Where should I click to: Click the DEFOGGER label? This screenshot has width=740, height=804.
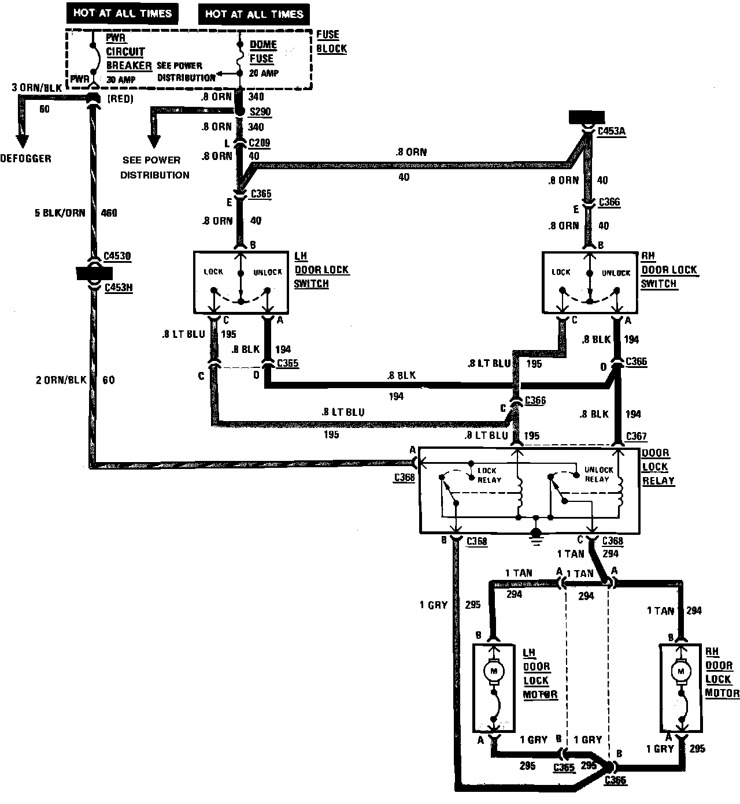(x=25, y=158)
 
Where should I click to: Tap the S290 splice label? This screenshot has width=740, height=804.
(x=260, y=112)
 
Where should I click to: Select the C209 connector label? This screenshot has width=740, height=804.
(x=260, y=143)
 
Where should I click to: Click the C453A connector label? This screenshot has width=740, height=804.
(x=611, y=132)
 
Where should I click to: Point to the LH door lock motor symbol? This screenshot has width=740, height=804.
(x=494, y=672)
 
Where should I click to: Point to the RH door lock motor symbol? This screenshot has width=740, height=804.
(x=680, y=672)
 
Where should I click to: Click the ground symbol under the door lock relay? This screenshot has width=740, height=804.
(x=536, y=535)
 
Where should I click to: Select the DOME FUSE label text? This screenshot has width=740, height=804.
(x=262, y=51)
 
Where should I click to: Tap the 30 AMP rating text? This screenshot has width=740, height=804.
(x=120, y=79)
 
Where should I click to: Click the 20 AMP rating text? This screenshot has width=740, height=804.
(x=264, y=73)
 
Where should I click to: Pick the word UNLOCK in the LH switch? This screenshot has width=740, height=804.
(x=268, y=272)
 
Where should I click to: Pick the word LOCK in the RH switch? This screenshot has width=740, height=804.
(x=561, y=272)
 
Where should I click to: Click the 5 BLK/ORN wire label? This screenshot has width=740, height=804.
(x=60, y=213)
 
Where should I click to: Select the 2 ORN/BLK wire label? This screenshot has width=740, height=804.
(x=61, y=380)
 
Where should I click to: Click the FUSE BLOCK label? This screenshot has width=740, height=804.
(x=331, y=42)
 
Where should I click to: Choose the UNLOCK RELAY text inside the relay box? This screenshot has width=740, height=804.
(x=597, y=474)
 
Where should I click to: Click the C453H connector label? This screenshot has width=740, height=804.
(x=119, y=286)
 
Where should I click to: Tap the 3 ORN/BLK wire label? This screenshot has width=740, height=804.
(x=36, y=87)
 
